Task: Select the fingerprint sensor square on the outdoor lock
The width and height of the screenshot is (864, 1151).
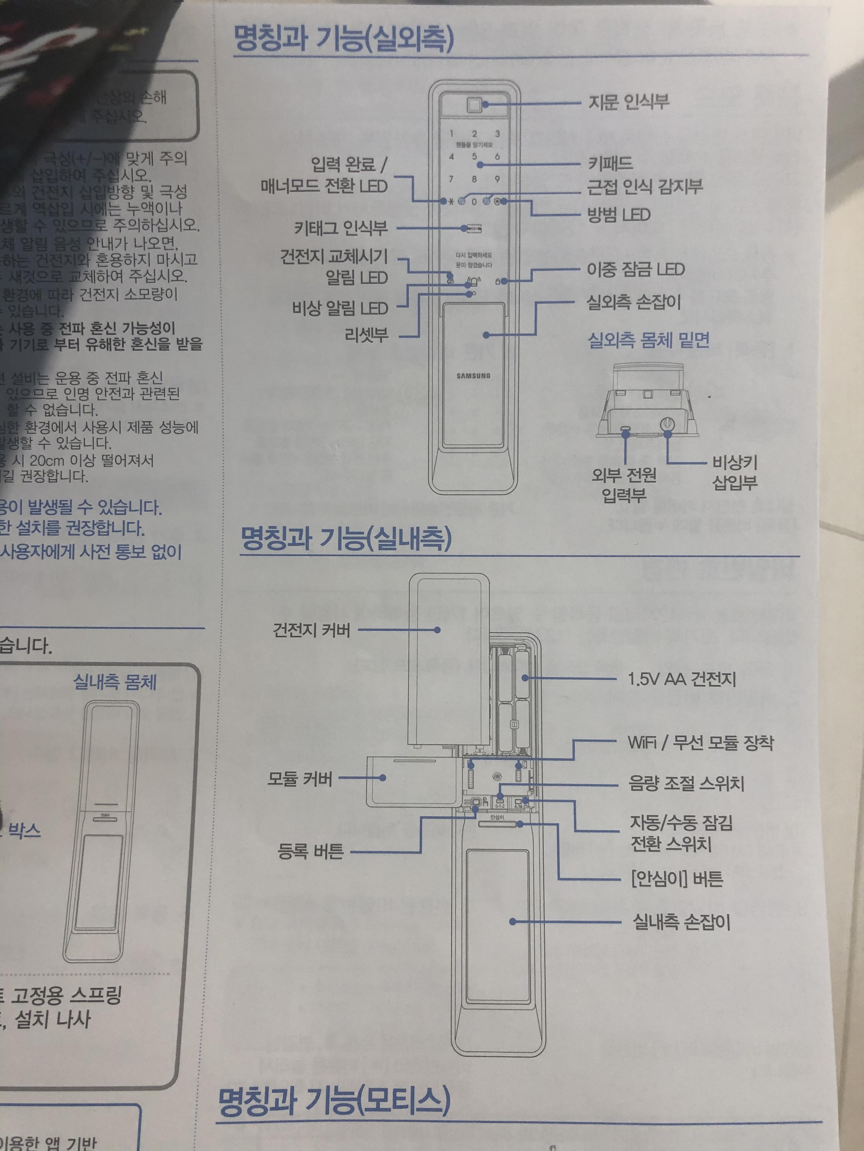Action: point(474,104)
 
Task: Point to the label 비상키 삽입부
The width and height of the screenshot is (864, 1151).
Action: point(734,472)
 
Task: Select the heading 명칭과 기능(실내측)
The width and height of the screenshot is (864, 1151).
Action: point(346,539)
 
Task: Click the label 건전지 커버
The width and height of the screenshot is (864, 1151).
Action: point(311,630)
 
